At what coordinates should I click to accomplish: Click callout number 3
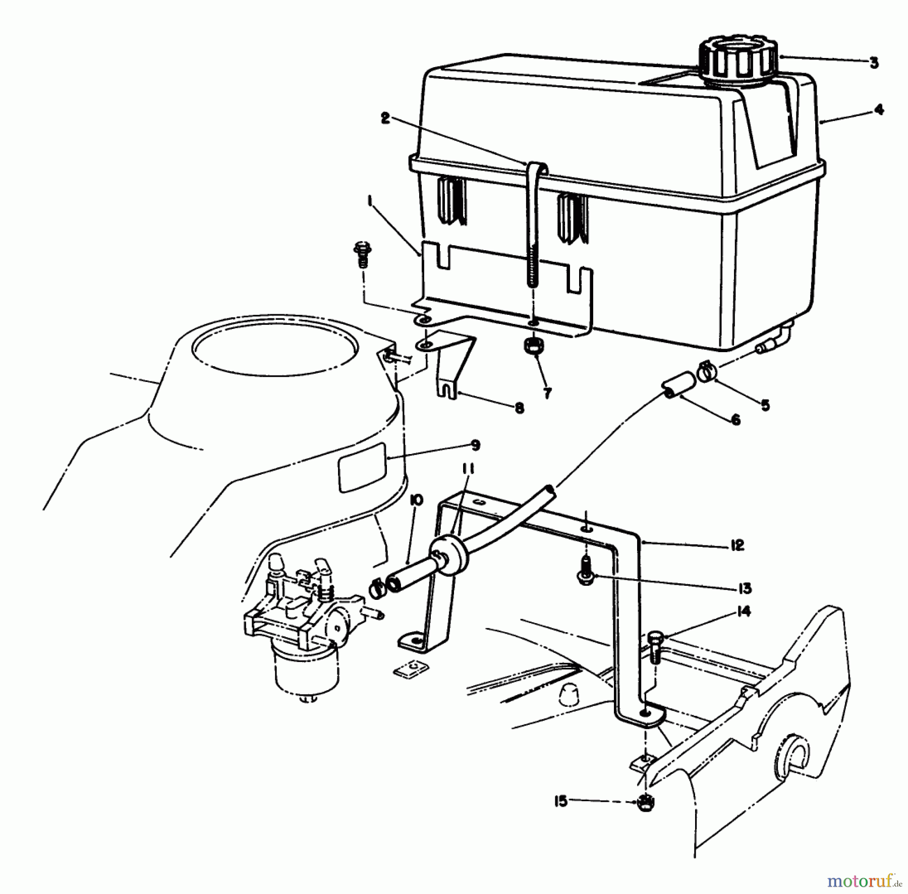(874, 63)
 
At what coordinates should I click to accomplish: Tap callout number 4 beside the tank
(879, 109)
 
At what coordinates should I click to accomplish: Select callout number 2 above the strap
(386, 120)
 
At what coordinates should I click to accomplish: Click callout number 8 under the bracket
(520, 408)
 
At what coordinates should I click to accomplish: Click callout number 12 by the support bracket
(737, 545)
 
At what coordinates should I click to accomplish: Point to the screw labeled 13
(586, 575)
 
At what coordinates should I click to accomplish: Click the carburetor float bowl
(294, 667)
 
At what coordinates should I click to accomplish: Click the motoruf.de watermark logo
(864, 881)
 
